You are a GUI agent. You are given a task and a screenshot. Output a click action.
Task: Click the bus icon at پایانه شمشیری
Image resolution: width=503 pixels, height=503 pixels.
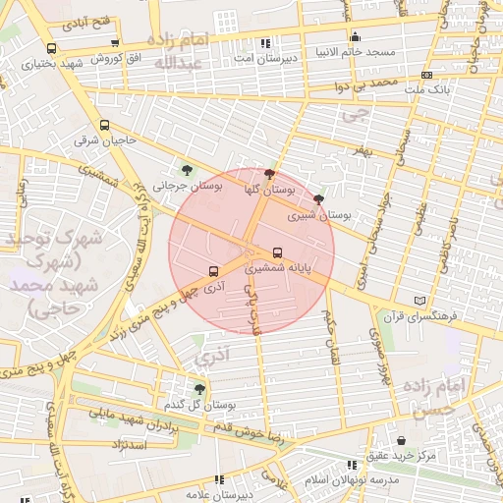(277, 251)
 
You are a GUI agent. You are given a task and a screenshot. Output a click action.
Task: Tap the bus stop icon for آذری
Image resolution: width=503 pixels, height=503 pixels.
(213, 271)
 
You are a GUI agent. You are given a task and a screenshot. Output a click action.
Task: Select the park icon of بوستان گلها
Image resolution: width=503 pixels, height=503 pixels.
(270, 172)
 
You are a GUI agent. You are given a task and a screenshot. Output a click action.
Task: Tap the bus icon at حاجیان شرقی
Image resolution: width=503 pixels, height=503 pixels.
(105, 126)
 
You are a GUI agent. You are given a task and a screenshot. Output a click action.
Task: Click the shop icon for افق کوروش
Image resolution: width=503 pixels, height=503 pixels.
(116, 43)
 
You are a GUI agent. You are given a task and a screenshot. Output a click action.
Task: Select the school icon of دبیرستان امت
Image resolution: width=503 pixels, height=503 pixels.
(265, 44)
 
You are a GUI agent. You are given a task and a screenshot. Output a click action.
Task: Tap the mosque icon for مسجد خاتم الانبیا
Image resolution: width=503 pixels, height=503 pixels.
(355, 37)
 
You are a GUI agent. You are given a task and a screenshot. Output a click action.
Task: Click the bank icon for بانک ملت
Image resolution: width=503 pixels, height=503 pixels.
(426, 75)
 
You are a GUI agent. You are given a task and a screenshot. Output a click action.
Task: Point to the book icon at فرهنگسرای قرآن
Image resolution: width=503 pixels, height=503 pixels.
(421, 300)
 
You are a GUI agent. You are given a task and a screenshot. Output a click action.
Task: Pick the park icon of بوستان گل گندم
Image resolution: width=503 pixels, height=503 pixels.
(199, 389)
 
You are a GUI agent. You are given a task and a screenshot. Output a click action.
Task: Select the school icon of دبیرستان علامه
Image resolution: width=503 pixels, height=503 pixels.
(219, 480)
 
